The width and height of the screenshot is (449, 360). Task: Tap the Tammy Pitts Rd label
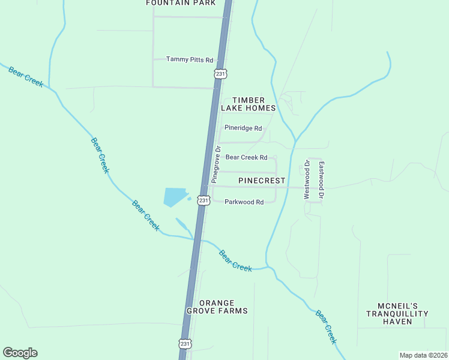click(x=190, y=59)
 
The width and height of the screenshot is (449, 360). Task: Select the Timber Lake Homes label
click(x=248, y=104)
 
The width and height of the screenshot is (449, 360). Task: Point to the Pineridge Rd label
click(x=243, y=128)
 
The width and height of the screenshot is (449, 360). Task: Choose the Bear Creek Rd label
click(x=246, y=157)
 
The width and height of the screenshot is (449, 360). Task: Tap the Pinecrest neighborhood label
click(x=261, y=180)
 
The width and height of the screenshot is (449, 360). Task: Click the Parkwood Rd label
click(x=244, y=202)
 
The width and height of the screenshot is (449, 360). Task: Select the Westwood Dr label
click(x=306, y=179)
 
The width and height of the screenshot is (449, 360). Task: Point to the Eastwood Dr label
click(x=321, y=180)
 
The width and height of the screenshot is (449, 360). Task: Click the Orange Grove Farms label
click(x=217, y=307)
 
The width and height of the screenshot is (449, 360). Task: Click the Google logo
click(x=20, y=353)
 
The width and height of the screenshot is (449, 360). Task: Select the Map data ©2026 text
click(x=423, y=355)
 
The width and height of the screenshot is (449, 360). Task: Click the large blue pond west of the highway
click(x=175, y=196)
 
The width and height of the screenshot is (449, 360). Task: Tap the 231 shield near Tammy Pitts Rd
click(x=220, y=74)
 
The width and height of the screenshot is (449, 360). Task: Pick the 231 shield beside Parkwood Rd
click(x=203, y=200)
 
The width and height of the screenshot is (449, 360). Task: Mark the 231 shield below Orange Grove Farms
click(x=185, y=343)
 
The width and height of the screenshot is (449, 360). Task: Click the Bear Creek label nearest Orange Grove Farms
click(x=235, y=260)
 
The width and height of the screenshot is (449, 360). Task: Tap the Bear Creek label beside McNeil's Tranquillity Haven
click(x=327, y=326)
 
